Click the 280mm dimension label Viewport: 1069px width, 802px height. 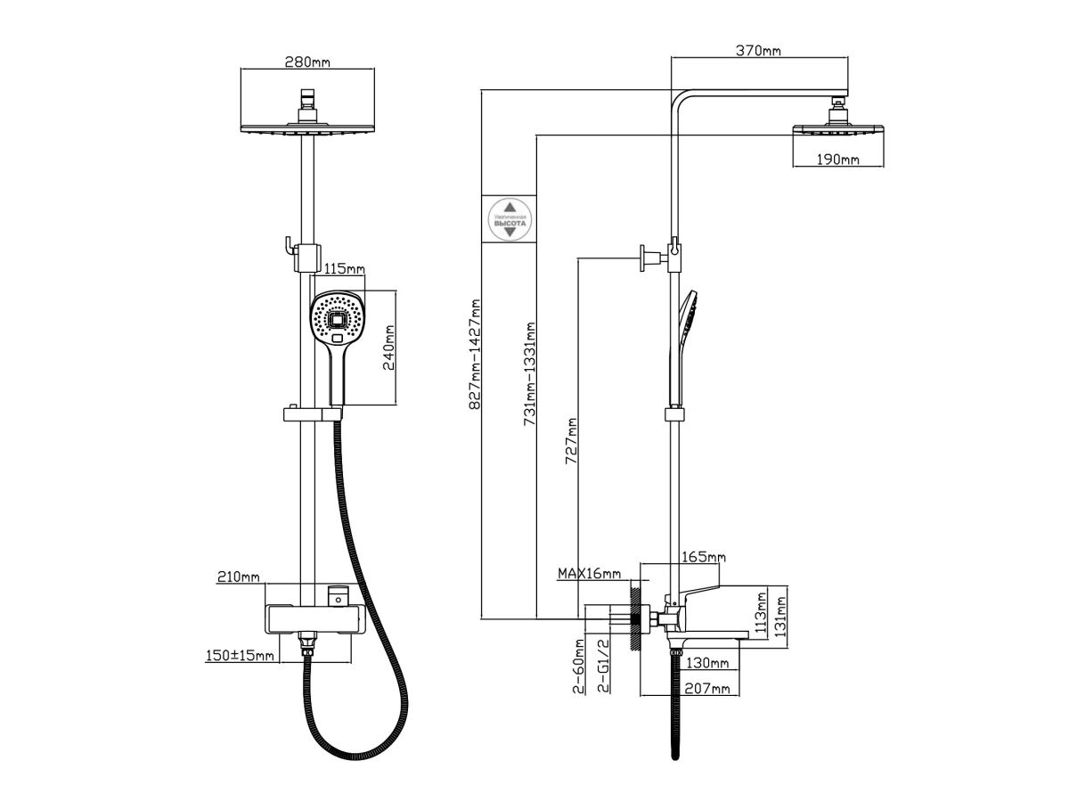tap(307, 62)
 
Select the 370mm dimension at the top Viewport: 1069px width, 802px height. tap(758, 50)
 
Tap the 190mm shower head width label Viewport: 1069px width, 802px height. tap(838, 160)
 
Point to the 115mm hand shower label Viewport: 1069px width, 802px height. tap(345, 268)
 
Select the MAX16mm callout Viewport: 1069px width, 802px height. tap(589, 573)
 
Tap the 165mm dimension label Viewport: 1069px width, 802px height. tap(703, 558)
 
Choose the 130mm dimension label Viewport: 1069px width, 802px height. tap(708, 663)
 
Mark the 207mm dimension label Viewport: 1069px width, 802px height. tap(708, 688)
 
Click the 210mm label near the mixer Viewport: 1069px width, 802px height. tap(238, 577)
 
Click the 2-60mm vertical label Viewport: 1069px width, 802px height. tap(580, 666)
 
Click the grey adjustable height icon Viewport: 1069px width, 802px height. tap(510, 218)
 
